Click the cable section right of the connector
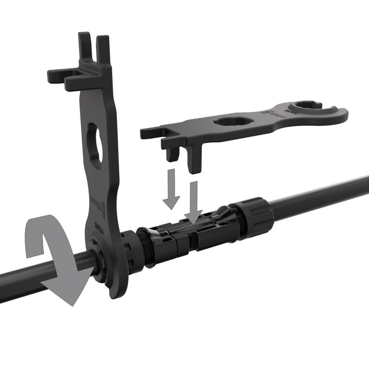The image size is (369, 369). point(318,195)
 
